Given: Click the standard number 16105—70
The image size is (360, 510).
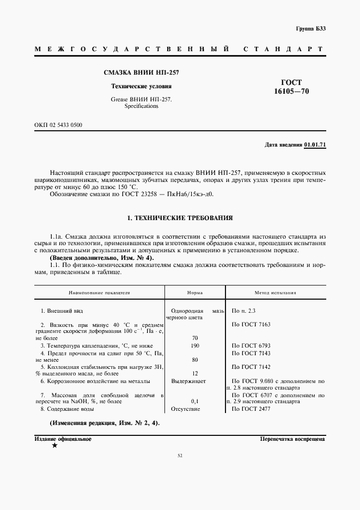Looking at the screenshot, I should (x=291, y=92).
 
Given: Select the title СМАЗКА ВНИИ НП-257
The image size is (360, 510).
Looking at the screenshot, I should (x=141, y=72).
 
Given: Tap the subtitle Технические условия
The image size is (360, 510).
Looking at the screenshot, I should (x=141, y=86).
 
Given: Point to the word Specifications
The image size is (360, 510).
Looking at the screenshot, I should (x=141, y=106).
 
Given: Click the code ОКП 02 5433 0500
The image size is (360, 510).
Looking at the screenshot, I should (x=58, y=125).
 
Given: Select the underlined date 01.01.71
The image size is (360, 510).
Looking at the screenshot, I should (x=315, y=144).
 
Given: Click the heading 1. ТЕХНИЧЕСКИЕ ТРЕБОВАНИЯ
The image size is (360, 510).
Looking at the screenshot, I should (x=180, y=218).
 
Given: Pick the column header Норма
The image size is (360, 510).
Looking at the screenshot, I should (x=195, y=293).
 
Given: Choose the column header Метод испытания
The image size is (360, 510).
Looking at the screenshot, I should (x=275, y=293).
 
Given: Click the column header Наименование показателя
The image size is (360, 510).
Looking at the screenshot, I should (x=99, y=293).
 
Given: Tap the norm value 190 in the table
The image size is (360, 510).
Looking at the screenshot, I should (x=195, y=345).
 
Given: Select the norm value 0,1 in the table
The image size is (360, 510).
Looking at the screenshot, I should (x=195, y=401).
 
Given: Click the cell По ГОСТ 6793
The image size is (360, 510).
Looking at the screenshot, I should (x=251, y=345).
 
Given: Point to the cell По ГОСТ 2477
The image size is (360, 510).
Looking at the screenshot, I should (x=251, y=408).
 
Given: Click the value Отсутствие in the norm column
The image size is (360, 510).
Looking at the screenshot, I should (x=186, y=408).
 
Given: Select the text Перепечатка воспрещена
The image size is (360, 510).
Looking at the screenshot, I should (x=292, y=438).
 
